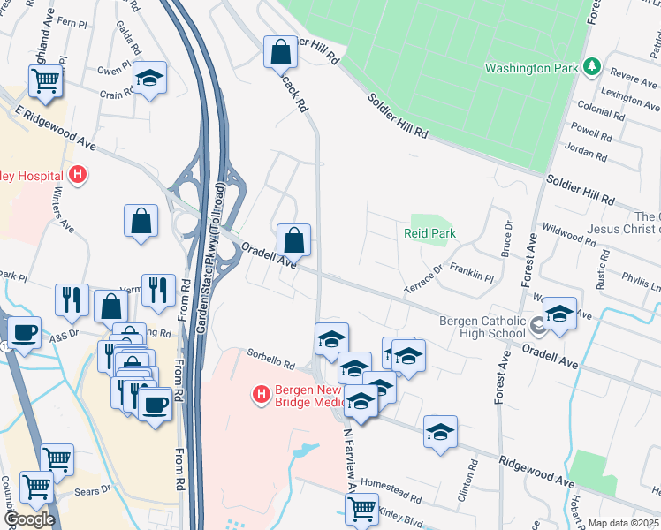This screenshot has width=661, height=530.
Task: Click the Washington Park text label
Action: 530,68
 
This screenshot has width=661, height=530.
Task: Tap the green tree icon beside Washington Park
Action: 592,67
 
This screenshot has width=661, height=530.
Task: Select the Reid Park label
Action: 429,233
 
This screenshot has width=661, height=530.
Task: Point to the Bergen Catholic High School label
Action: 482,326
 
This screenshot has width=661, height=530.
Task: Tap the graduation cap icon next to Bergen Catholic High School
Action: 558,314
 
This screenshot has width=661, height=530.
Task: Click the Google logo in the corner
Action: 29,519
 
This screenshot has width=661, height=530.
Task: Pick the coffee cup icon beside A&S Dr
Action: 24,332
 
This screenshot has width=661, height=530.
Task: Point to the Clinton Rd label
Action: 467,481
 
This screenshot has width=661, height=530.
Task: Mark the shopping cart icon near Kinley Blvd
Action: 361,508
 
